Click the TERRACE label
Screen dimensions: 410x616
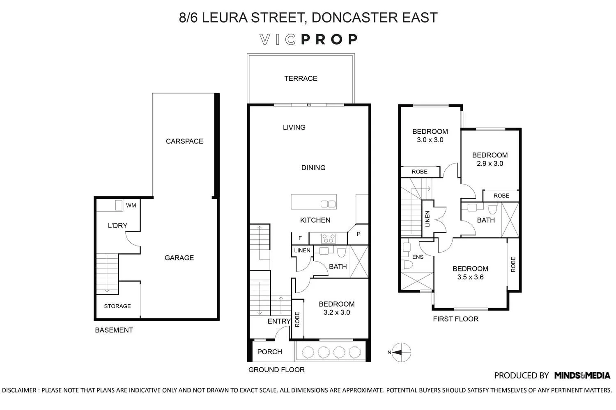[x=301, y=78]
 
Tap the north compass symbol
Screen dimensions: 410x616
[x=400, y=352]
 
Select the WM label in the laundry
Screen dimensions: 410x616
[x=131, y=205]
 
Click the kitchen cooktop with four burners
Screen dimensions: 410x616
[x=328, y=238]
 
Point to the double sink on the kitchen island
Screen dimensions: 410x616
[x=328, y=204]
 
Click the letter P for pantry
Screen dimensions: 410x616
[x=359, y=234]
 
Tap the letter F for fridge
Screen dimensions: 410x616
[x=300, y=238]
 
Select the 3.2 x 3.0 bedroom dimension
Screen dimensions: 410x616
[x=336, y=312]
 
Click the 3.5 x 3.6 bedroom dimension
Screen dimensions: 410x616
[x=470, y=277]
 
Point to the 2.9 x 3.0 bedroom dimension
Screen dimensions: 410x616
[x=490, y=164]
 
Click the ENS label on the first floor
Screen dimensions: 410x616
[x=418, y=257]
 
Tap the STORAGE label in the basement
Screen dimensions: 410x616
[x=117, y=306]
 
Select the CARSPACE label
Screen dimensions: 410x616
[x=184, y=141]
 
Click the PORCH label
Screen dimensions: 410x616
[x=269, y=352]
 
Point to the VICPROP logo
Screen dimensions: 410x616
[x=308, y=39]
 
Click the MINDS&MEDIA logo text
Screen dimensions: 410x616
[x=582, y=375]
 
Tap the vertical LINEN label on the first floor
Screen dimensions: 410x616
[x=428, y=219]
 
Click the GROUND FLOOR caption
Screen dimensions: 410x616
[x=276, y=370]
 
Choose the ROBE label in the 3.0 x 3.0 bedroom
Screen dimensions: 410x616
[x=419, y=172]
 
